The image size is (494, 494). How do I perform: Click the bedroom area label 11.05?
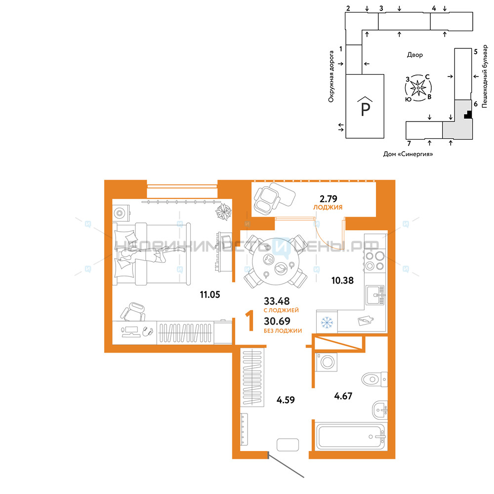coord(210,294)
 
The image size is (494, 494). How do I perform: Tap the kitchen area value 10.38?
coord(342,281)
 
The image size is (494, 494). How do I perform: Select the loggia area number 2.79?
coord(329,199)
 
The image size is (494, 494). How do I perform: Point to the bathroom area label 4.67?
coord(343,396)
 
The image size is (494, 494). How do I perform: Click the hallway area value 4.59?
coord(286,400)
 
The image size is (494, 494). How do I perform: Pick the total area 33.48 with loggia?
coord(277,301)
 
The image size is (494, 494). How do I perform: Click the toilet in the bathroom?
coord(374,379)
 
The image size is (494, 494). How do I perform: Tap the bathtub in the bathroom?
coord(350,437)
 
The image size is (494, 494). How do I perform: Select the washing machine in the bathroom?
coord(327,362)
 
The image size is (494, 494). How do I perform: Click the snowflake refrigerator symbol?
coord(327,322)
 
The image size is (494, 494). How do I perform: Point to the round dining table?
coord(276,262)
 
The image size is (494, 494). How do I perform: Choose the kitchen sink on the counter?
coord(375,295)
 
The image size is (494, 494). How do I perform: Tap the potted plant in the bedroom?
coord(223,211)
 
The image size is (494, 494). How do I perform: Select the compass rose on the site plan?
coord(418,88)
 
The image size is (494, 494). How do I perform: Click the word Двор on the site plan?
coord(414,55)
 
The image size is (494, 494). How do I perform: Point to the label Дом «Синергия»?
coord(408,154)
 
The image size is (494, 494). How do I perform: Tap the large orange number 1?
coord(250,321)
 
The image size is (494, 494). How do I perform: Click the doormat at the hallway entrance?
coord(288,445)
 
